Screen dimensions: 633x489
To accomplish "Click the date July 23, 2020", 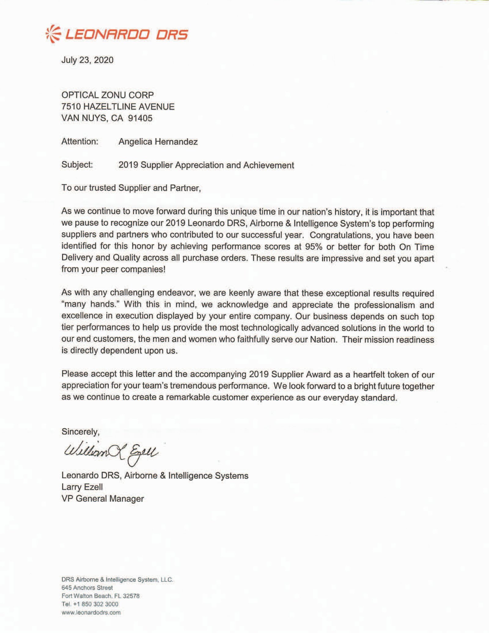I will point(87,60).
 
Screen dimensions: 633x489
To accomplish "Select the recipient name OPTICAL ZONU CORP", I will point(108,95).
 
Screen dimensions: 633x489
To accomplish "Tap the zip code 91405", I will point(140,118).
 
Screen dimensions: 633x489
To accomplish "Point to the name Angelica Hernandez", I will point(158,142).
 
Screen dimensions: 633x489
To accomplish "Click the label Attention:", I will point(80,142).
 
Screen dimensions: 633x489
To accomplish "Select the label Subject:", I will point(77,165).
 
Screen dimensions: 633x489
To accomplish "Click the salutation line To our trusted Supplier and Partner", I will point(131,188).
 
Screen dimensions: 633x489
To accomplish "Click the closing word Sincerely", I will point(80,431).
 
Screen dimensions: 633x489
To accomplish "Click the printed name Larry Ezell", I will point(82,487).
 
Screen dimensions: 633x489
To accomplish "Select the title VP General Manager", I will point(102,499).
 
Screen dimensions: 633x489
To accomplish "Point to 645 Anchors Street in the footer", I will point(87,587).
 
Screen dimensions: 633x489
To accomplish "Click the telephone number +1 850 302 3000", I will point(96,604).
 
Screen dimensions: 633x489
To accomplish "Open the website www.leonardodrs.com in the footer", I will point(91,612).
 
